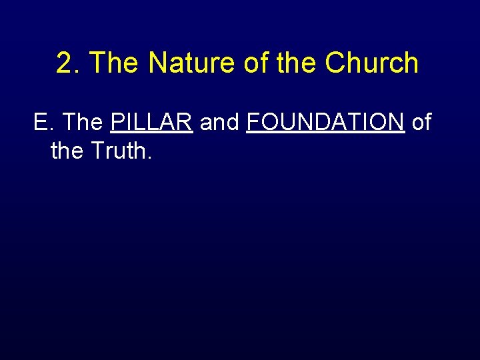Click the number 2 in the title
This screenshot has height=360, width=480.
tap(64, 63)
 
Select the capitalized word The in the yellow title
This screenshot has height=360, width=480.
tap(114, 63)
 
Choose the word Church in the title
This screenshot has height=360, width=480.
tap(371, 63)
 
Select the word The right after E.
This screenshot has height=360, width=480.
tap(83, 123)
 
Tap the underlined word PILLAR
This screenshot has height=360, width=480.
tap(152, 123)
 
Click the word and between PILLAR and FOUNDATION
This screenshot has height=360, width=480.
tap(220, 123)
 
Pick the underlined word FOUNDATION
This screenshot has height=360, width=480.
tap(325, 123)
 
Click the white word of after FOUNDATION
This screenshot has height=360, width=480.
tap(421, 123)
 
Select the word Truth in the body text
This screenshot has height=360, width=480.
tap(117, 151)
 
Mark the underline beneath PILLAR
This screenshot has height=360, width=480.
tap(152, 133)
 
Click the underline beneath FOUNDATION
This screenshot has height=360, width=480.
tap(325, 133)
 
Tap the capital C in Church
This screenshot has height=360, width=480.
tap(335, 63)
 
